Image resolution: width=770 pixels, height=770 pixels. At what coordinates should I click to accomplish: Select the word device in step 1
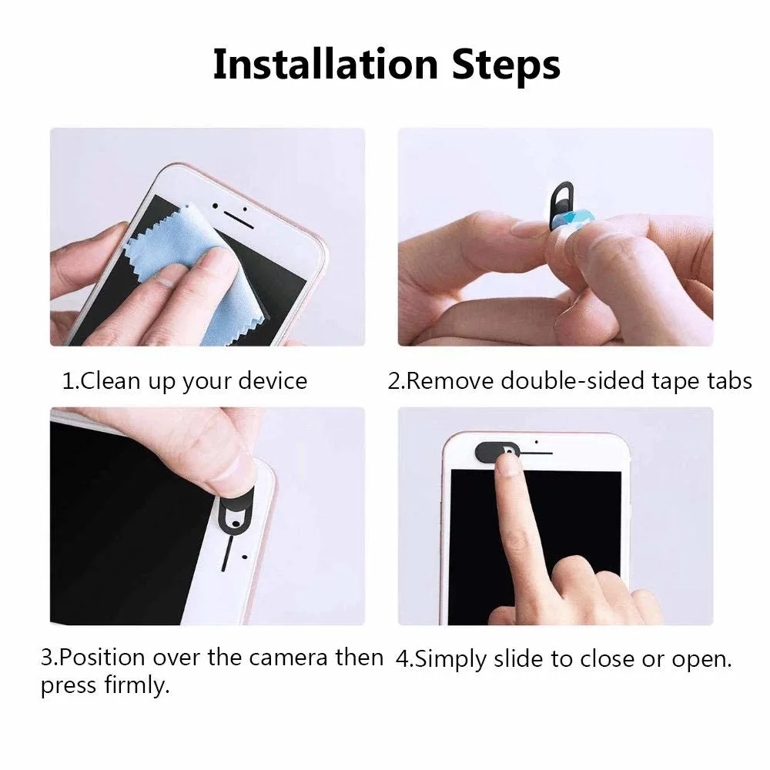(269, 380)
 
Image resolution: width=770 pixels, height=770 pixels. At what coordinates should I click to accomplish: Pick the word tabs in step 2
(724, 380)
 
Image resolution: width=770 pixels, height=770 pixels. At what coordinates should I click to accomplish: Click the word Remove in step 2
(450, 380)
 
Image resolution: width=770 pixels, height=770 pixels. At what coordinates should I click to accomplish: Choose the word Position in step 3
(102, 658)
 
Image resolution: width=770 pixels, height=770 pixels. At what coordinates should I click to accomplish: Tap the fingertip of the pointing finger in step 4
(506, 464)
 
